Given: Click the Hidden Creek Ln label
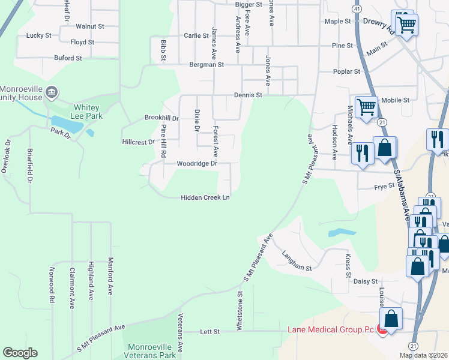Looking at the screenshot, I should click(x=206, y=197).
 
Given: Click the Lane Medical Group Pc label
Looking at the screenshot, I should click(x=330, y=329).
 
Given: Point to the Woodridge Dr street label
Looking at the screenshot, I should click(x=196, y=163).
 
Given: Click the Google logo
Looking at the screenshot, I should click(x=20, y=353).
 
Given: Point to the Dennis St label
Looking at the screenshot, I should click(x=248, y=95).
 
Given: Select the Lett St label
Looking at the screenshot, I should click(x=209, y=331).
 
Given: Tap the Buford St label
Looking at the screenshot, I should click(x=67, y=58).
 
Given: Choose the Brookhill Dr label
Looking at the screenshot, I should click(x=161, y=118).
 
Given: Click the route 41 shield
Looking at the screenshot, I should click(x=357, y=10).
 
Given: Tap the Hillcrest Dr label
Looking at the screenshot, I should click(x=139, y=142).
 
